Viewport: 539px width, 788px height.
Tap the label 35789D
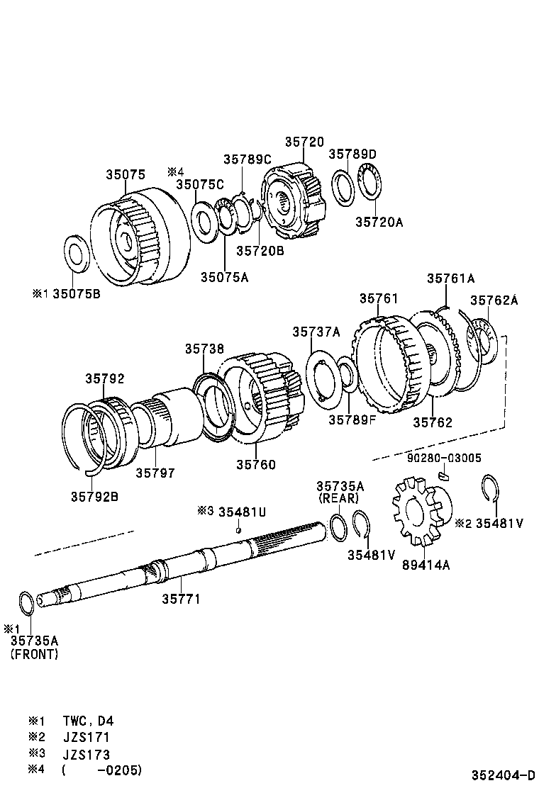(x=352, y=154)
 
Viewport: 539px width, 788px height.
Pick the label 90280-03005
(x=445, y=458)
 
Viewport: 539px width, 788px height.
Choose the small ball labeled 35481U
(x=240, y=530)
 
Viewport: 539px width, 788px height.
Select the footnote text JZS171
(x=86, y=737)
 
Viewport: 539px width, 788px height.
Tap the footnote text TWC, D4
(x=87, y=721)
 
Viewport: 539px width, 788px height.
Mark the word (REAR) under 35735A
(x=340, y=498)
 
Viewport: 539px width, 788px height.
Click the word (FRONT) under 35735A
(x=34, y=654)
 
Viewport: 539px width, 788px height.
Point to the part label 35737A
(x=316, y=332)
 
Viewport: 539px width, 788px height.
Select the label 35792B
(x=94, y=496)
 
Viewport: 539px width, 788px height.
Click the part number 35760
(x=256, y=465)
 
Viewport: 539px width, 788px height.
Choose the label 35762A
(x=494, y=300)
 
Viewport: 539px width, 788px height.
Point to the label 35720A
(x=379, y=222)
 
